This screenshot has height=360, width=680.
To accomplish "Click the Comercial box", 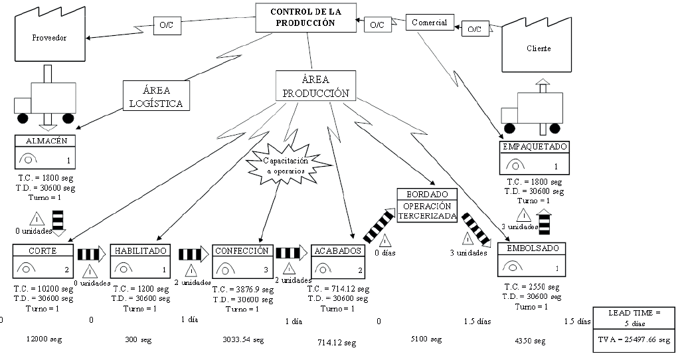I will [x=430, y=23].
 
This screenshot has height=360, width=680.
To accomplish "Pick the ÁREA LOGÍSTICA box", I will [x=156, y=96].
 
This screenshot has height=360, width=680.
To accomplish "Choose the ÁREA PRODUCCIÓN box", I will [x=315, y=86].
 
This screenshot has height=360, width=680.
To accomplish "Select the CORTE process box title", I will [x=42, y=251].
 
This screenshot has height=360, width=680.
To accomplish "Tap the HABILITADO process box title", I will [x=140, y=251].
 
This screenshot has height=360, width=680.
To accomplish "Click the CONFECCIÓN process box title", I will [x=242, y=251].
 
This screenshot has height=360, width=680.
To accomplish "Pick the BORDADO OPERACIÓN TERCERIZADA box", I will [x=427, y=205].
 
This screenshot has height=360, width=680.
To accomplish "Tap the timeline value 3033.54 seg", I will [x=242, y=340].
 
